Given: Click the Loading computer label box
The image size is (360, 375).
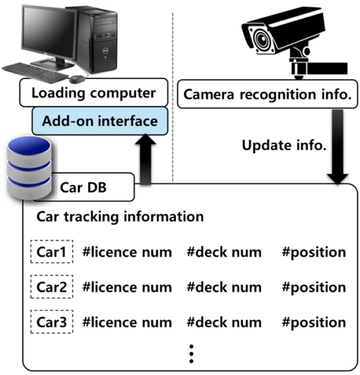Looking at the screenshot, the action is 94,93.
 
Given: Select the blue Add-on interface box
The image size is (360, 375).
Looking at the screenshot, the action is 100,121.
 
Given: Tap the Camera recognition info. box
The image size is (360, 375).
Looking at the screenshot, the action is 267,94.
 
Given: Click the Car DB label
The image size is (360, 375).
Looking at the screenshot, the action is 83,187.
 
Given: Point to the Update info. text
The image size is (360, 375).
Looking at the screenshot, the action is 284,146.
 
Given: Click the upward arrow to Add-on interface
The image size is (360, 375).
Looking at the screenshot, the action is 146,159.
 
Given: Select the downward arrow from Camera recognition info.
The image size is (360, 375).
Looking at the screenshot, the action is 337,146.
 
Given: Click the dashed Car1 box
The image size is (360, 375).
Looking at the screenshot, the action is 52,252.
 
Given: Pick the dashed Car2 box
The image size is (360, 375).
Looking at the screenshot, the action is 52,287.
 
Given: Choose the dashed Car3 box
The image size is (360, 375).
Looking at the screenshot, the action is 52,322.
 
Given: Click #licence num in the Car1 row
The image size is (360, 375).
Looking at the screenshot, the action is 127,252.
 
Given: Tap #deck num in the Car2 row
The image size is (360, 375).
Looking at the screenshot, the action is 224,287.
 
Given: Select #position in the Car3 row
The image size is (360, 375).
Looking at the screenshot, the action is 314,323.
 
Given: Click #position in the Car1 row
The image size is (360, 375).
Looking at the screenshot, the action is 314,253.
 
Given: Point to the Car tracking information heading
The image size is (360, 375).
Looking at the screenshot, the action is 120,217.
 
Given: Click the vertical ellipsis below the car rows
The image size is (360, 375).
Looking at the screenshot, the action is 191,354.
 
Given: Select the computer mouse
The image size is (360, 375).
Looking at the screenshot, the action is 77,79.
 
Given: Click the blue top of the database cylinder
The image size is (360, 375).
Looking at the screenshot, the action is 29,146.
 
